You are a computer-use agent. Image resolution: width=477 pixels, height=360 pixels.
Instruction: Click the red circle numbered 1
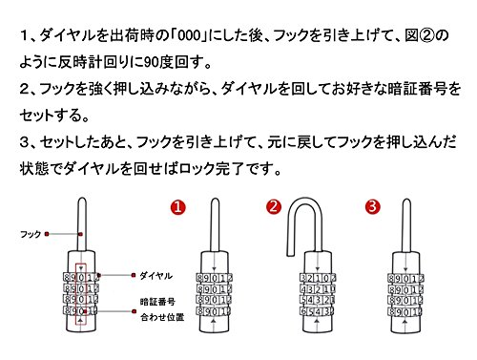177,207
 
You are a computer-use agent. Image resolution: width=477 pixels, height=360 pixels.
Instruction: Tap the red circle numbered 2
274,207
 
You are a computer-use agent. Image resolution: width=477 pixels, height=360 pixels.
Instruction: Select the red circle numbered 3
373,207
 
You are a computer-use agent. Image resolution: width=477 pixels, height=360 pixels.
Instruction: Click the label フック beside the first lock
31,234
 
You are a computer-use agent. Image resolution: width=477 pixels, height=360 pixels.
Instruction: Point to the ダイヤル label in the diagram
156,276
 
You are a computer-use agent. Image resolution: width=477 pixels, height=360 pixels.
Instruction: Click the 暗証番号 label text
157,302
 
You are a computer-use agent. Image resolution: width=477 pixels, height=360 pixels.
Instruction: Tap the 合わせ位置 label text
162,317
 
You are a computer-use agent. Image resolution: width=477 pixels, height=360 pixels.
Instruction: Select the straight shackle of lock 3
406,226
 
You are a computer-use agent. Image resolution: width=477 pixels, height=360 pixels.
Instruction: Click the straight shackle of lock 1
215,226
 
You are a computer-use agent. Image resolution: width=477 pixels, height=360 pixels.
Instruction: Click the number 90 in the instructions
152,62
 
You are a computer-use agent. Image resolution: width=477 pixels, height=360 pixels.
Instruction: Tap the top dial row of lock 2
318,278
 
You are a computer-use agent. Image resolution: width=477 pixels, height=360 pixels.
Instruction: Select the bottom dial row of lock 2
317,311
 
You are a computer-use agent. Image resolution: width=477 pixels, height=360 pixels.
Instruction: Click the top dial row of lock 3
405,279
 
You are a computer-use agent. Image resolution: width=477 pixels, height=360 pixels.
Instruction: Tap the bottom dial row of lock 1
213,311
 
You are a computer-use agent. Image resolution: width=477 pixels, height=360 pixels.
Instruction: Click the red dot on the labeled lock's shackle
81,234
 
